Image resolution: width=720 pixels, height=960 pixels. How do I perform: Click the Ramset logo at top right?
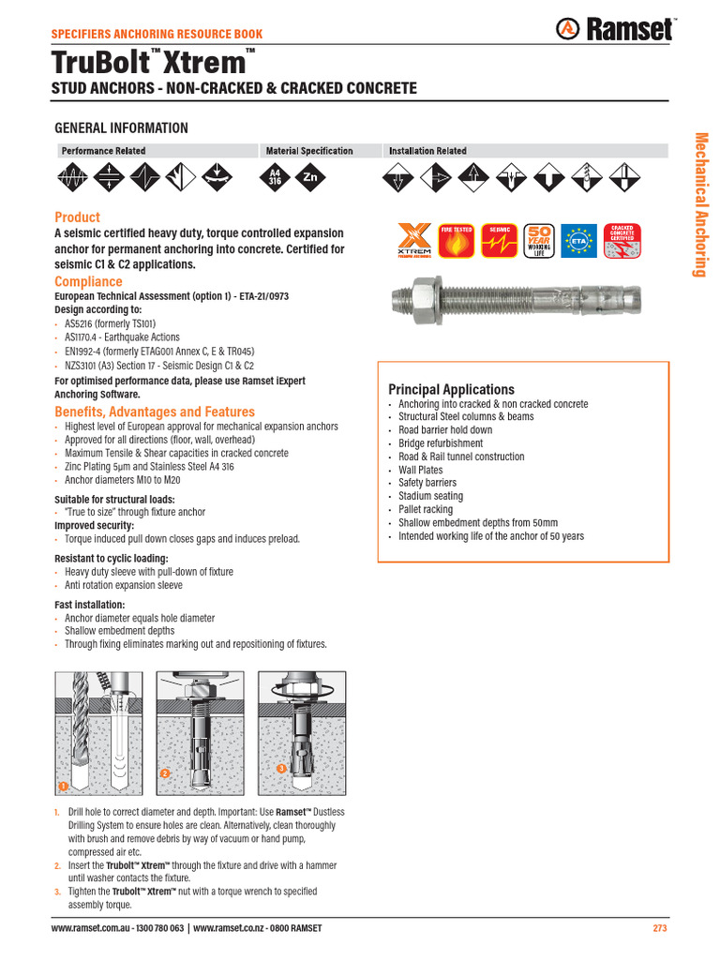pyautogui.click(x=615, y=29)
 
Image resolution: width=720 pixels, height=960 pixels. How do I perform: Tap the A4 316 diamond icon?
pyautogui.click(x=275, y=176)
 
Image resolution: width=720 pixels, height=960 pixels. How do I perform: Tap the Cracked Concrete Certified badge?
pyautogui.click(x=621, y=241)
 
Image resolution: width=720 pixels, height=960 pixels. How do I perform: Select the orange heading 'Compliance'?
pyautogui.click(x=88, y=281)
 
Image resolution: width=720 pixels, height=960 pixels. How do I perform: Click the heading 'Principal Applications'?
pyautogui.click(x=451, y=389)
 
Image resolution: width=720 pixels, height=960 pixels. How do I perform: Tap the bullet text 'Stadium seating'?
pyautogui.click(x=430, y=496)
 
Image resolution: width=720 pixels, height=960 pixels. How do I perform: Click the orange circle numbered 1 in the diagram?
pyautogui.click(x=63, y=785)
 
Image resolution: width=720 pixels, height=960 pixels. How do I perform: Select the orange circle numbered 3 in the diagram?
pyautogui.click(x=280, y=769)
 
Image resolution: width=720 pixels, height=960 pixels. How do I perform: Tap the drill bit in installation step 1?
pyautogui.click(x=80, y=731)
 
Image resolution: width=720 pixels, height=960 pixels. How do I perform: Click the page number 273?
pyautogui.click(x=659, y=928)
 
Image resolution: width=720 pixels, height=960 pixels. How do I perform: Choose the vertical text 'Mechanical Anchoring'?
pyautogui.click(x=698, y=204)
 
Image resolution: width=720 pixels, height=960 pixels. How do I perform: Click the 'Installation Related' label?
pyautogui.click(x=427, y=151)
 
